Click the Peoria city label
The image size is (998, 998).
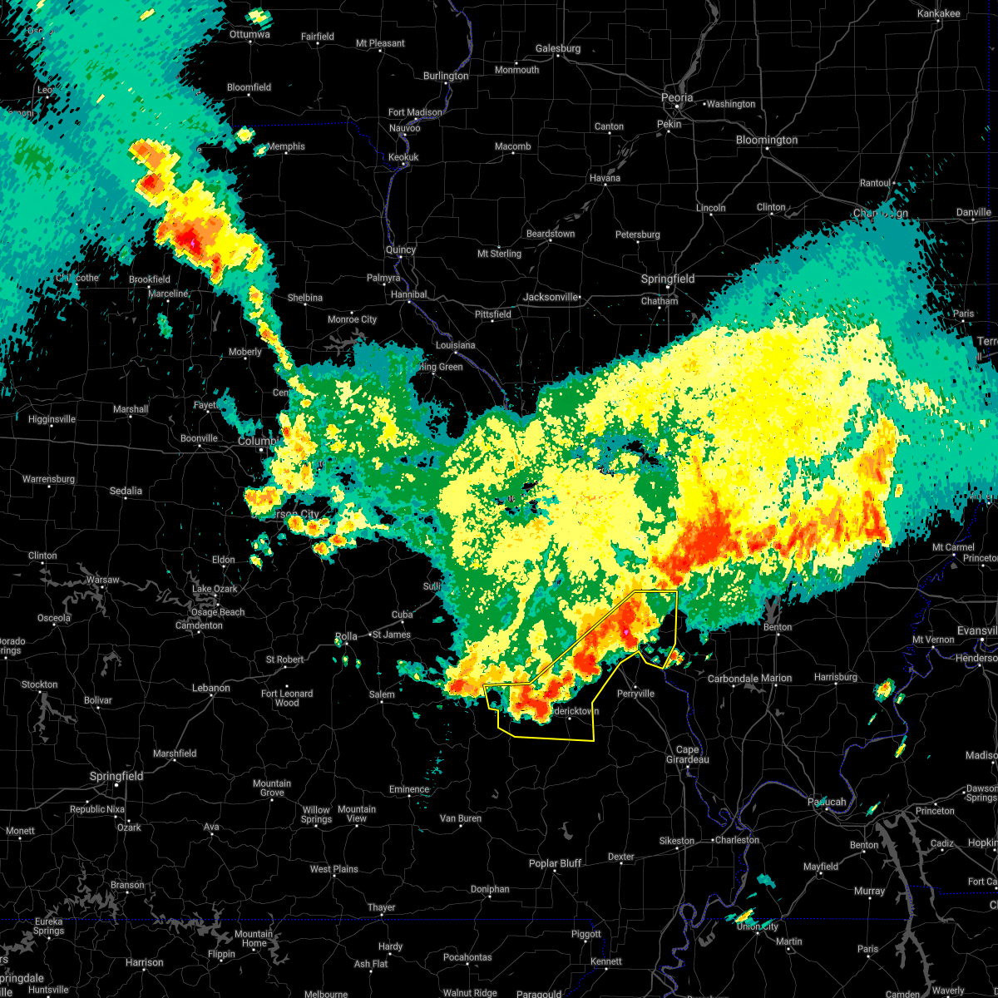pos(676,97)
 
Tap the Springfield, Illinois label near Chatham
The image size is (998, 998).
pos(667,279)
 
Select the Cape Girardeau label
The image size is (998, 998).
pos(686,754)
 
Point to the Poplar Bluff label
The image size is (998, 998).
pos(555,863)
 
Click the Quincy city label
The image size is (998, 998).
pos(400,249)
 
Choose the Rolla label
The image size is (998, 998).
pos(346,636)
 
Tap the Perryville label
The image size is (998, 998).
pos(635,693)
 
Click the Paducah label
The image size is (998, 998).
pos(827,802)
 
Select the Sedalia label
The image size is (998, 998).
pos(126,491)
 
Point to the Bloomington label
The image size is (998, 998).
pos(766,140)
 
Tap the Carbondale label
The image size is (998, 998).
pos(733,678)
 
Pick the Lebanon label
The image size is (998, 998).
pos(210,688)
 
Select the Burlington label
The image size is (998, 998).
pos(446,76)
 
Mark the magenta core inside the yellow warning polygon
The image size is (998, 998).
pos(625,632)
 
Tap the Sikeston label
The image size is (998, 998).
pos(676,841)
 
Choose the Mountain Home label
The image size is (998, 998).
pos(254,938)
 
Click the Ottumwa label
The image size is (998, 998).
pos(249,34)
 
